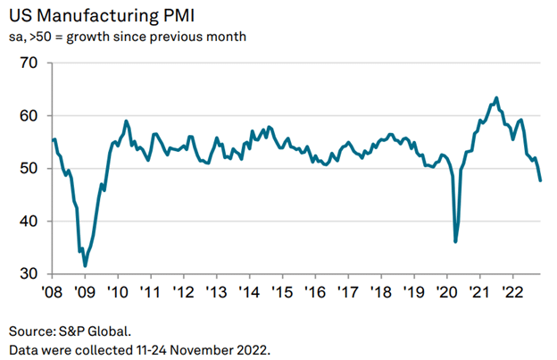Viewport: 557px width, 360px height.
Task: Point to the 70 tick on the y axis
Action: (x=29, y=63)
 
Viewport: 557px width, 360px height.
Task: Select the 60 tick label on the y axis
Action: (x=29, y=116)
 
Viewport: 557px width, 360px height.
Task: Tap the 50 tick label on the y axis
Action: (x=29, y=169)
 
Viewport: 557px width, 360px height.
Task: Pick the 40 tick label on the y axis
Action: (x=29, y=222)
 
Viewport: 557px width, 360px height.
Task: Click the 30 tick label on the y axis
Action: (x=29, y=274)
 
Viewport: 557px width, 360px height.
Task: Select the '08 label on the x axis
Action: (x=52, y=292)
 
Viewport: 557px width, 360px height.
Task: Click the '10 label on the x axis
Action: (x=118, y=292)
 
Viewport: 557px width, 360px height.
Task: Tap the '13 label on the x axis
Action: (x=216, y=292)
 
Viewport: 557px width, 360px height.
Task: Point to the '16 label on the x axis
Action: (x=314, y=292)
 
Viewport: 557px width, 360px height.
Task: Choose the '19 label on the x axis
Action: (x=413, y=292)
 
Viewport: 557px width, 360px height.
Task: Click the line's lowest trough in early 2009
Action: (x=85, y=265)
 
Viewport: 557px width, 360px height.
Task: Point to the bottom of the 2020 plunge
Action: (x=455, y=241)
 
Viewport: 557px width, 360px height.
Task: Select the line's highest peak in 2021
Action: (x=496, y=98)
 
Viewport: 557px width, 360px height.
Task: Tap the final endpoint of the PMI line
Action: (x=540, y=180)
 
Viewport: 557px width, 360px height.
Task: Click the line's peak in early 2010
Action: (x=126, y=121)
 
